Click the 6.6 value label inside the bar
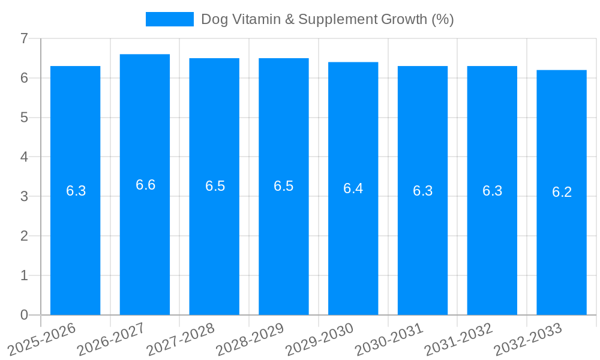coord(145,185)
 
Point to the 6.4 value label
coord(353,188)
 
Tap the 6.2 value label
coord(562,192)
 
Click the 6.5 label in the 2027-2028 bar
coord(215,186)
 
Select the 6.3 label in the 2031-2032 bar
coord(492,191)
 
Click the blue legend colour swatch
coord(170,19)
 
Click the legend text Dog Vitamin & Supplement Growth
coord(327,19)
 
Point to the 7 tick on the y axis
coord(24,38)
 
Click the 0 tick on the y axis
coord(24,315)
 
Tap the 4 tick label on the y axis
coord(24,157)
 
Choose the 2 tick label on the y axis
coord(24,236)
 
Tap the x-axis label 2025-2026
coord(42,339)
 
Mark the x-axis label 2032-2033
coord(528,339)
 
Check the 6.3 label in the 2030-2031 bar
coord(422,191)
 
